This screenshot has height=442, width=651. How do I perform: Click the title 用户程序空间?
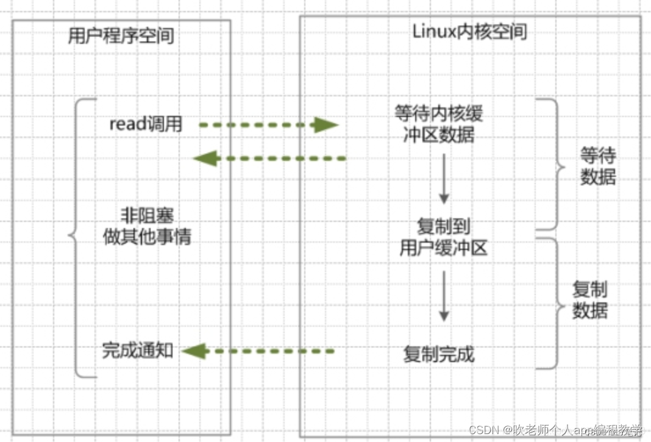(121, 35)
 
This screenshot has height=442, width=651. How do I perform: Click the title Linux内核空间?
(469, 32)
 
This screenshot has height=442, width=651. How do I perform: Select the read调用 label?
(146, 124)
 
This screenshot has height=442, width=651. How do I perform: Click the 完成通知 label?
(138, 351)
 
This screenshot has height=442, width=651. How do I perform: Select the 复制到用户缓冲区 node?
(443, 238)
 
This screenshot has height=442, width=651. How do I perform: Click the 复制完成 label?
(439, 354)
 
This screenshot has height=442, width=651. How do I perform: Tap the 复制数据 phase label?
(589, 299)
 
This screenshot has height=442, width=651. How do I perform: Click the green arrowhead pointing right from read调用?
(325, 126)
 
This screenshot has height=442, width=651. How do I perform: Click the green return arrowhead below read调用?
(205, 159)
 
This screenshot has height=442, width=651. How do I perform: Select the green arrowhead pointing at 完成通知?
(193, 351)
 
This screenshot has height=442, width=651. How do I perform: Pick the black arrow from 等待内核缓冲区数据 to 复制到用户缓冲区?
(444, 179)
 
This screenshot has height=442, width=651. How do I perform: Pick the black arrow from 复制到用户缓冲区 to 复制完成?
(444, 296)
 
